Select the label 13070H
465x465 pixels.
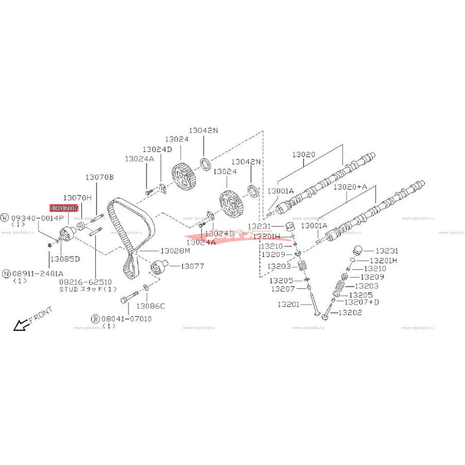coord(78,198)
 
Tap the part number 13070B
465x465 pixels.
coord(100,177)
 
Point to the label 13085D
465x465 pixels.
coord(65,258)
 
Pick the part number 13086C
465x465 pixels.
coord(151,306)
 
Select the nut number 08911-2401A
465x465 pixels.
coord(37,273)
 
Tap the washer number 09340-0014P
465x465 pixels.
coord(37,217)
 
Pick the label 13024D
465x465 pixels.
coord(158,149)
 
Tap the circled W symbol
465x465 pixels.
coord(5,217)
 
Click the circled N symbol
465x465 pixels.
coord(5,273)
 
